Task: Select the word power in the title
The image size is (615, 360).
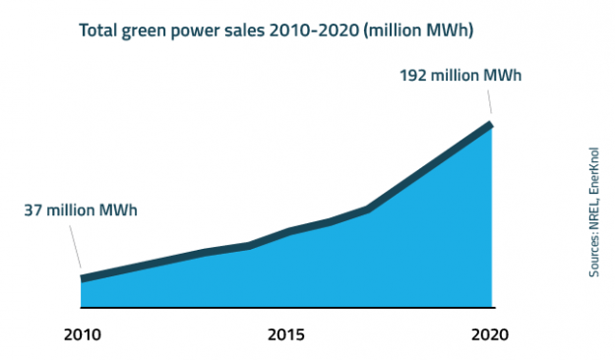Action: click(x=202, y=30)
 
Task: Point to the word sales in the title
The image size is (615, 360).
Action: click(x=252, y=30)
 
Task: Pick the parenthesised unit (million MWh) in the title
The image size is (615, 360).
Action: click(x=421, y=30)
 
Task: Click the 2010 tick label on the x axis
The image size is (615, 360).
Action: click(x=81, y=334)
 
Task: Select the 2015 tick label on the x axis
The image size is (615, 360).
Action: click(x=286, y=334)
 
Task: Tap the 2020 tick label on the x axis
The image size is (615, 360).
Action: click(x=490, y=334)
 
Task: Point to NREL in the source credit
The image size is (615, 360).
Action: click(x=595, y=210)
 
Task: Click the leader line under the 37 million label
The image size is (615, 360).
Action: click(x=74, y=246)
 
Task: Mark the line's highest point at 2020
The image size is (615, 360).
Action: click(x=490, y=124)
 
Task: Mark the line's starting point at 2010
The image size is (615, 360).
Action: click(x=83, y=278)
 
